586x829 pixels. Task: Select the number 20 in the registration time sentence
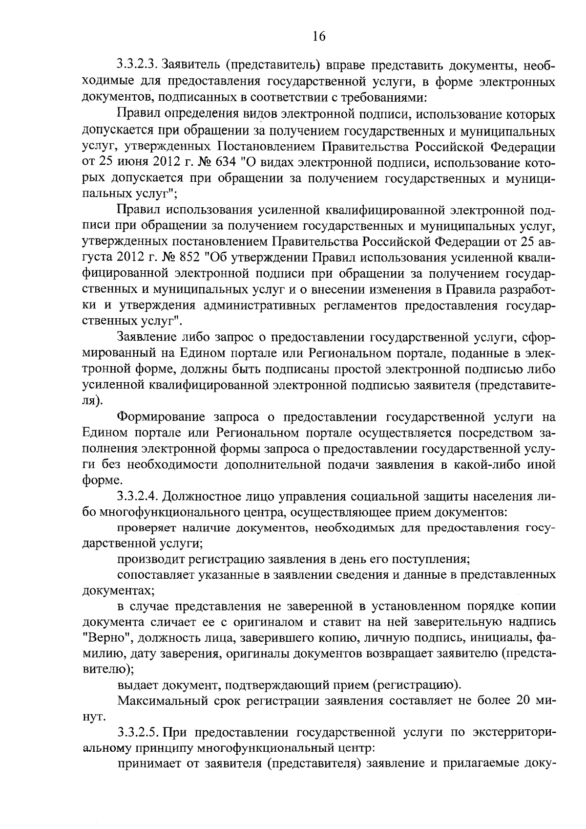pos(519,700)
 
